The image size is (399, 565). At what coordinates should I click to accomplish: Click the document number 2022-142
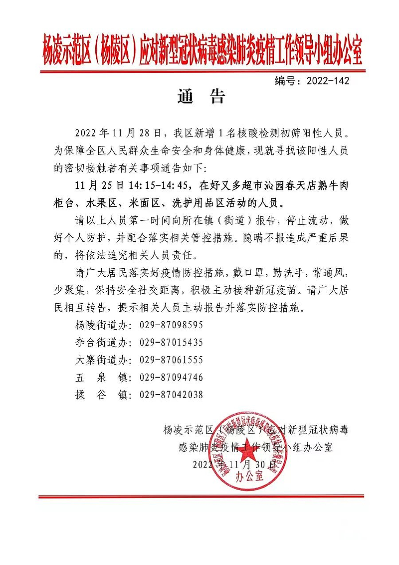(327, 80)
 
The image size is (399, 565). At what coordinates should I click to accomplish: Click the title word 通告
(201, 97)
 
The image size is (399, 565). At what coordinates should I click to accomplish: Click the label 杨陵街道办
(99, 325)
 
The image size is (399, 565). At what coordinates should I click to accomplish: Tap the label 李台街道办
(99, 342)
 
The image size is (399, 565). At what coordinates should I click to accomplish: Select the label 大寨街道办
(99, 360)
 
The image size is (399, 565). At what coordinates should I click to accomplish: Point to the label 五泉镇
(99, 377)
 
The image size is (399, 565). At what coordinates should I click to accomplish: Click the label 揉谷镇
(99, 395)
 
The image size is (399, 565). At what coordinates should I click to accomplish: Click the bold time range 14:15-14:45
(155, 186)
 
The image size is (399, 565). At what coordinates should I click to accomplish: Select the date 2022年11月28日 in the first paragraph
(117, 134)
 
